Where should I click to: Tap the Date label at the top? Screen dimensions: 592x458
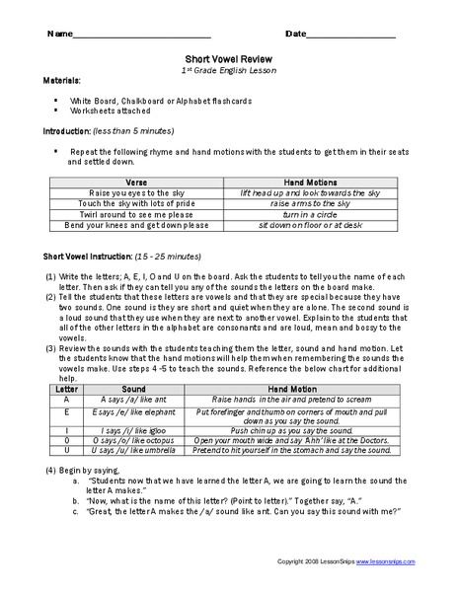(x=296, y=34)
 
